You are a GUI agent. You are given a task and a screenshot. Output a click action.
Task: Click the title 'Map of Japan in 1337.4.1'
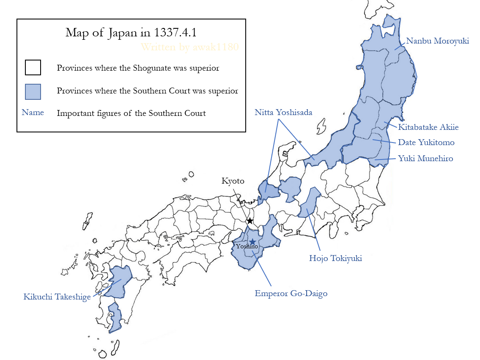131,33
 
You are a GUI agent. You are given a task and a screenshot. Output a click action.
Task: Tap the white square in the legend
33,68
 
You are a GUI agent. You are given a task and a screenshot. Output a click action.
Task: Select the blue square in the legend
33,91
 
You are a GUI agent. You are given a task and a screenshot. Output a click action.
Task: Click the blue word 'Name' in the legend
33,113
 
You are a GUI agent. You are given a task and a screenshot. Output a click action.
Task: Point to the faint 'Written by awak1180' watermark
189,47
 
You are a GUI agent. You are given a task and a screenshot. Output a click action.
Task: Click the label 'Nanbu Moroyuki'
437,41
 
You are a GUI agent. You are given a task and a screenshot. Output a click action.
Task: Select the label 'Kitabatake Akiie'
428,127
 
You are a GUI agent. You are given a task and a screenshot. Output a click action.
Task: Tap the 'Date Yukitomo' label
426,143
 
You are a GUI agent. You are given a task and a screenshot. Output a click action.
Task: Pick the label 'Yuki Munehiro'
425,159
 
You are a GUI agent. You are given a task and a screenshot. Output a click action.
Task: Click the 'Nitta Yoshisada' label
283,113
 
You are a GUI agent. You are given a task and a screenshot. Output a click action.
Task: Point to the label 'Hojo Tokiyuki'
335,258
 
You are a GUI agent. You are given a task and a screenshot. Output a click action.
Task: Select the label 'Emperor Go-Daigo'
291,293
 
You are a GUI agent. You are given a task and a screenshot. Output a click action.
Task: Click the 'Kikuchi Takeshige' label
57,297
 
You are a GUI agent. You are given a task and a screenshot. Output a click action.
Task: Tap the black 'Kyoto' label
233,181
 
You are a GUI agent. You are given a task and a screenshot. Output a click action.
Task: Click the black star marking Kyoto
250,221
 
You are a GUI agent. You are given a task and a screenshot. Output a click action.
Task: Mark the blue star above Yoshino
252,242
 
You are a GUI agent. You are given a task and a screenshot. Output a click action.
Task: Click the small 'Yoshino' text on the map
247,247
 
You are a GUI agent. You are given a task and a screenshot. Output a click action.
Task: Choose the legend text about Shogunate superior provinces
138,68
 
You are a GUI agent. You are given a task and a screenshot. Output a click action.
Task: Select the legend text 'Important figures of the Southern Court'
131,113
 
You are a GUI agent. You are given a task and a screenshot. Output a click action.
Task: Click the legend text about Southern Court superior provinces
147,91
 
